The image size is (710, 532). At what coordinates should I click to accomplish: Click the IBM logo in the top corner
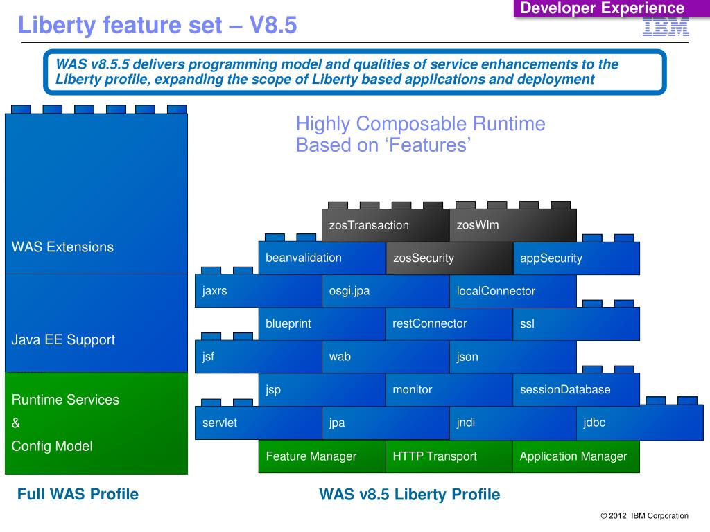click(x=666, y=27)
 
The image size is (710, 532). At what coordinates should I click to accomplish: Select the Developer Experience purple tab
click(x=603, y=8)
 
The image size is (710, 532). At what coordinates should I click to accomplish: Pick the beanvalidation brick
click(x=322, y=258)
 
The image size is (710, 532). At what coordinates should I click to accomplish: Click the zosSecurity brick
click(x=449, y=258)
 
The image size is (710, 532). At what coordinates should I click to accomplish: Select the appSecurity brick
click(x=576, y=258)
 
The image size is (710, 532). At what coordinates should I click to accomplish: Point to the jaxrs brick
click(x=258, y=291)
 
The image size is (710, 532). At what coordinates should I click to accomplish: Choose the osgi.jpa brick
click(x=385, y=291)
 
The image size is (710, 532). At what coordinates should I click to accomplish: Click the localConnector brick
click(x=512, y=291)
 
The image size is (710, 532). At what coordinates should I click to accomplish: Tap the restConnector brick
click(x=449, y=323)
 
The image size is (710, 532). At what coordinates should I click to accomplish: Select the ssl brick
click(x=576, y=323)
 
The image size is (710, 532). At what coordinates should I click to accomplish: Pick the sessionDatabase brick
click(x=576, y=389)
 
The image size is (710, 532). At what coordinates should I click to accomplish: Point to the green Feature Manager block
click(x=322, y=456)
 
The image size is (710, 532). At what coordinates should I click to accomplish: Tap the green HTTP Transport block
click(x=449, y=456)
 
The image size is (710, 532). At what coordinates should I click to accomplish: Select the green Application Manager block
click(x=576, y=456)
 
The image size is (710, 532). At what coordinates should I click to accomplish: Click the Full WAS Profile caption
click(x=78, y=494)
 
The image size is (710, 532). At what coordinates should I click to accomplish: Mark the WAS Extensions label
click(x=62, y=247)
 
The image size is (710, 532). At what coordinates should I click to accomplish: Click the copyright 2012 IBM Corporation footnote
click(x=644, y=515)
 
